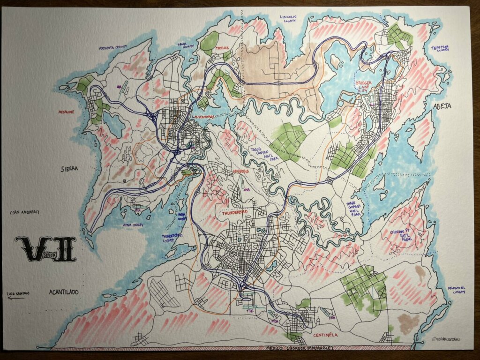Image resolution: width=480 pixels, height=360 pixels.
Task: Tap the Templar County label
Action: (x=440, y=48)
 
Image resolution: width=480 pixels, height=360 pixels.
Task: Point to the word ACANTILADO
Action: (x=64, y=292)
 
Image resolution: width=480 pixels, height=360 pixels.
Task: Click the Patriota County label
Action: (x=112, y=47)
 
